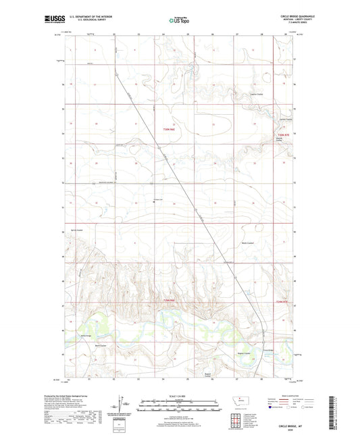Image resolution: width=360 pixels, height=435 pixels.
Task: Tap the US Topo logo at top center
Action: [179, 21]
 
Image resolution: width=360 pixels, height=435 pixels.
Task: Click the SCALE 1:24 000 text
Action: [179, 395]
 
